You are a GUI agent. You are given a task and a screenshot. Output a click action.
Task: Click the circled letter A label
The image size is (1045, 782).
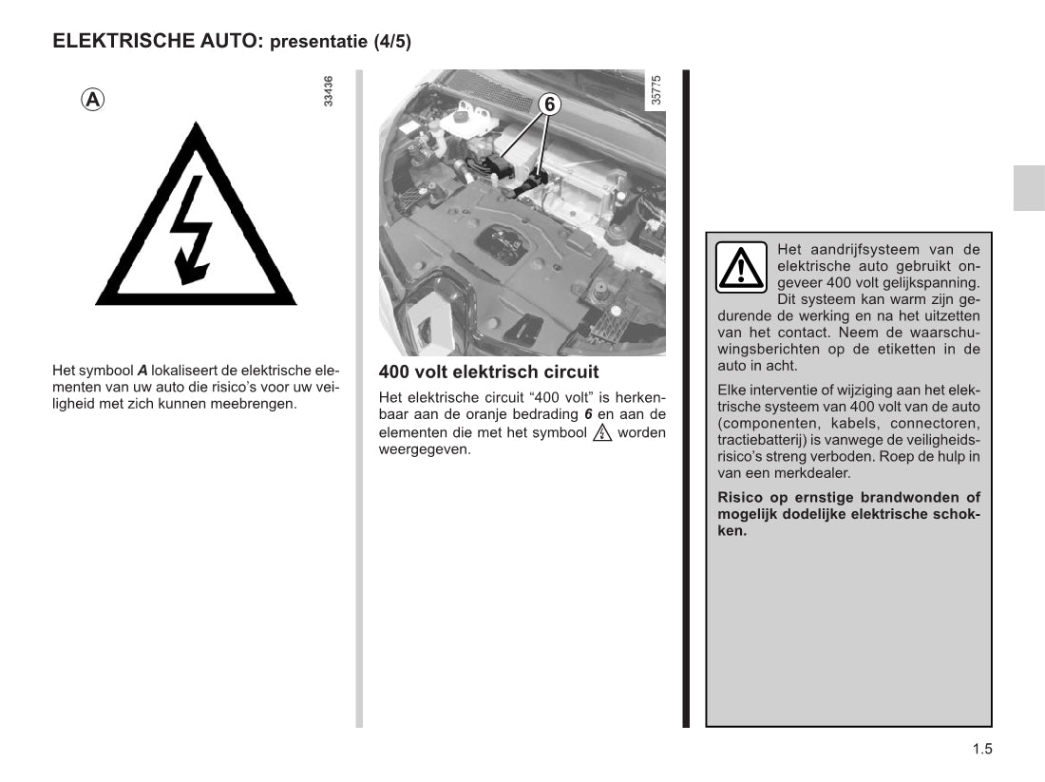tap(93, 100)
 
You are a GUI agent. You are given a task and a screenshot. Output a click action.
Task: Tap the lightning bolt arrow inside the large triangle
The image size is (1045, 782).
tap(191, 230)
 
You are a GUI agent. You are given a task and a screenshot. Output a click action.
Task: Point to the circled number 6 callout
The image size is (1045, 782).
tap(549, 105)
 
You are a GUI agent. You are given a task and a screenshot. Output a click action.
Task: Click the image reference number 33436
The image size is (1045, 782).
tap(328, 90)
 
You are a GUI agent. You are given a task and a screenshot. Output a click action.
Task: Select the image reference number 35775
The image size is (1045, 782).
tap(655, 90)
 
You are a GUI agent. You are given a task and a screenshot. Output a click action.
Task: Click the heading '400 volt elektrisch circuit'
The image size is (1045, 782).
tap(488, 372)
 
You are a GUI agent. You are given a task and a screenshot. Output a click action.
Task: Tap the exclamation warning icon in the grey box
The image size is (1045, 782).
tap(741, 267)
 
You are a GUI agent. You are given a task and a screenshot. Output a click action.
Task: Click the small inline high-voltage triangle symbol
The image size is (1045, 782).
tap(601, 432)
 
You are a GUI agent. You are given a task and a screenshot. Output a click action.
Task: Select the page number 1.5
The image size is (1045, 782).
tap(982, 749)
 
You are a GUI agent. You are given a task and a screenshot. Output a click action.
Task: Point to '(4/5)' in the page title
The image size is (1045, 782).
tap(392, 42)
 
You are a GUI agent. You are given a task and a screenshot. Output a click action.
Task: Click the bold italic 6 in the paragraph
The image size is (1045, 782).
tap(588, 414)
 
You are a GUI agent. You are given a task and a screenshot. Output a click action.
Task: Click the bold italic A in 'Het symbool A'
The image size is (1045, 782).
tap(142, 371)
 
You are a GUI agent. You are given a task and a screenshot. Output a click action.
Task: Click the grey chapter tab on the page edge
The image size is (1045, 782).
tap(1029, 187)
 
